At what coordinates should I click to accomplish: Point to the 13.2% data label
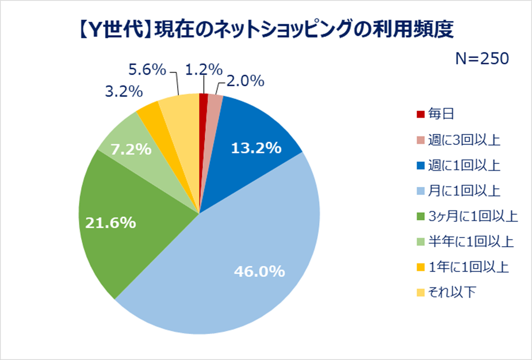pyautogui.click(x=256, y=148)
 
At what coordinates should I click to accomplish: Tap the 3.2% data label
pyautogui.click(x=124, y=91)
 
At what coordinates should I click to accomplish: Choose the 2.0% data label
pyautogui.click(x=243, y=82)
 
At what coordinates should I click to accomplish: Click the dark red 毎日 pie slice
pyautogui.click(x=203, y=101)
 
